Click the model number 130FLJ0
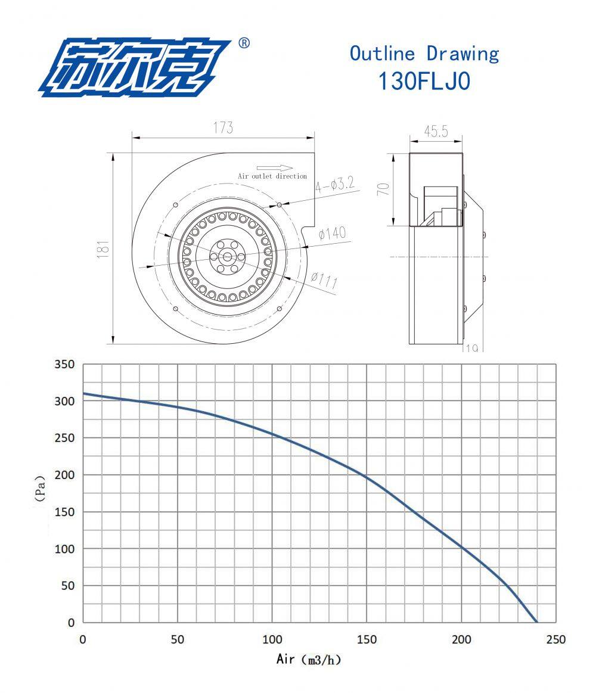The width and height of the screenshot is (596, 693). [424, 81]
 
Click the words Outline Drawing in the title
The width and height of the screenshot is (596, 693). [424, 54]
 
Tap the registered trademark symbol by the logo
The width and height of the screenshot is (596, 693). [244, 43]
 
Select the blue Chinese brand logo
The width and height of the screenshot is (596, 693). [135, 67]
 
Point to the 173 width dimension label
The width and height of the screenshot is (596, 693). [223, 128]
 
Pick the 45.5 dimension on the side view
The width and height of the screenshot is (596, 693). [436, 131]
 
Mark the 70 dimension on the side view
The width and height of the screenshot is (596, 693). [385, 189]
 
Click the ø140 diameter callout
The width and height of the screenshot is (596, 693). [333, 233]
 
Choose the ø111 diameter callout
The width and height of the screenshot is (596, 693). [324, 280]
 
